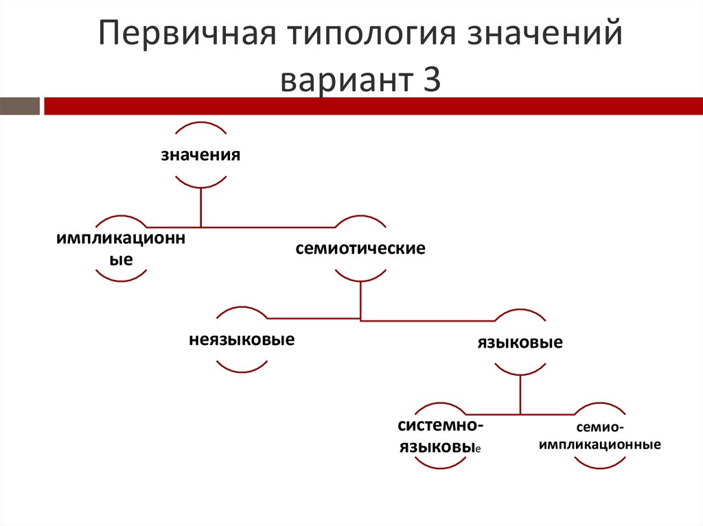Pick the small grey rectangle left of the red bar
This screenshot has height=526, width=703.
[19, 106]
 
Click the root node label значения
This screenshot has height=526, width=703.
[200, 154]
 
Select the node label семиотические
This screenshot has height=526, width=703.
[360, 248]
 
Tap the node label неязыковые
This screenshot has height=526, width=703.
[242, 339]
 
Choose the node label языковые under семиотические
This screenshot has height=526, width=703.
[520, 342]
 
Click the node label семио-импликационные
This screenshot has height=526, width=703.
[600, 436]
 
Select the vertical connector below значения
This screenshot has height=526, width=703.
[200, 207]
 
